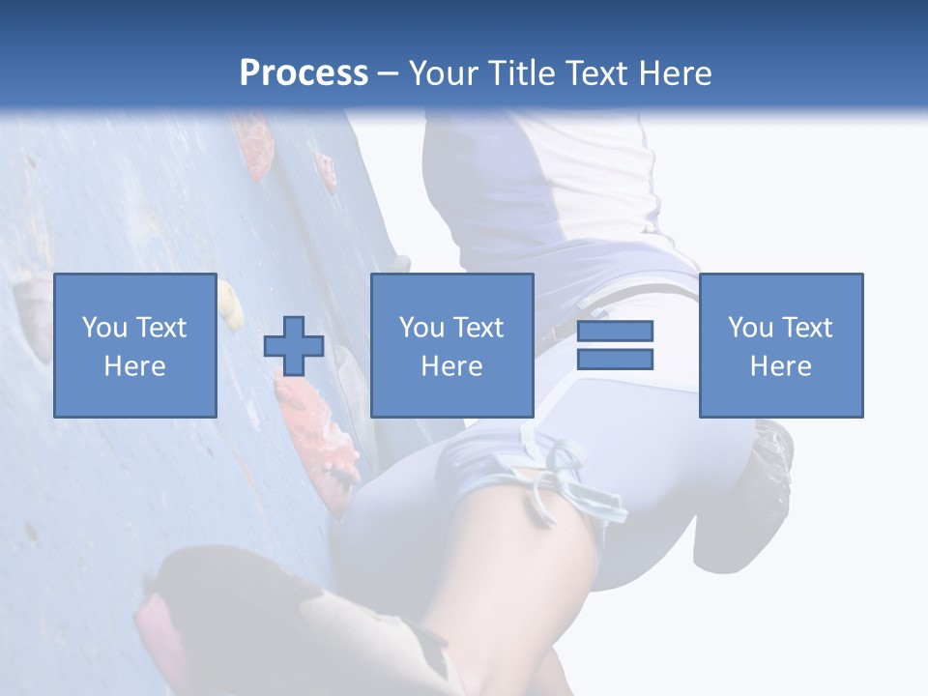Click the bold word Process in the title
tap(304, 72)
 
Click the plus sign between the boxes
tap(294, 346)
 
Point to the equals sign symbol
tap(615, 345)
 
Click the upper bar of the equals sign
tap(615, 331)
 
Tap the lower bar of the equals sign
tap(615, 360)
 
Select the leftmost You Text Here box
tap(135, 345)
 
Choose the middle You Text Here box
tap(451, 345)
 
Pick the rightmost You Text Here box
tap(781, 345)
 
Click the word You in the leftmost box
tap(103, 328)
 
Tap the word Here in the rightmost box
tap(781, 365)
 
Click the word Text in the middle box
tap(479, 328)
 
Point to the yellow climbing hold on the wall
tap(230, 302)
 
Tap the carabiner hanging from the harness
tap(580, 483)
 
